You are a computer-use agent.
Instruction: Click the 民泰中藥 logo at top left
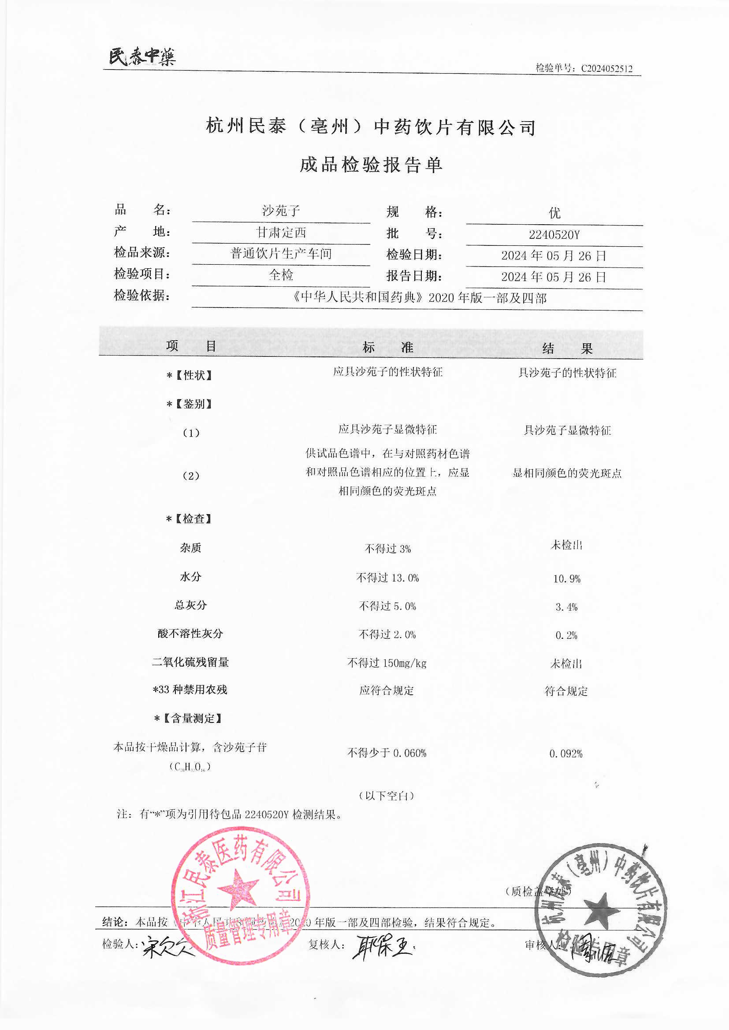[142, 57]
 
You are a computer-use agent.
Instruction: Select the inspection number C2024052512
[606, 69]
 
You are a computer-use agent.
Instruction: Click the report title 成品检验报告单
[371, 165]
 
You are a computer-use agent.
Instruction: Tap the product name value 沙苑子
[281, 211]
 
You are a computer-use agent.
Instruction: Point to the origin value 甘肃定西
[281, 232]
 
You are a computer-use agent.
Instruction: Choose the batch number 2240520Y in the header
[554, 235]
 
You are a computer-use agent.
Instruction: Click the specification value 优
[555, 213]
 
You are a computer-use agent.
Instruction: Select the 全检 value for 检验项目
[281, 274]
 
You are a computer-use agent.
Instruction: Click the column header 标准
[388, 347]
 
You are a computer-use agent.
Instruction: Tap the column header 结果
[567, 348]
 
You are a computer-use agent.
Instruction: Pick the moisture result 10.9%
[566, 579]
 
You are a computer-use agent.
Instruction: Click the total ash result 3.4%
[566, 607]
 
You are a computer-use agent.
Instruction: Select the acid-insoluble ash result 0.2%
[566, 635]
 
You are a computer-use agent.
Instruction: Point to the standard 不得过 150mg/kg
[387, 663]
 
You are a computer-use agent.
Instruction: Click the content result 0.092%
[565, 754]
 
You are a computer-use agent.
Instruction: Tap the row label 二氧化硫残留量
[190, 662]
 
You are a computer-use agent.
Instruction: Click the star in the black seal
[602, 910]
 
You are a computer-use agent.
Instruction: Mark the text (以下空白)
[387, 796]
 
